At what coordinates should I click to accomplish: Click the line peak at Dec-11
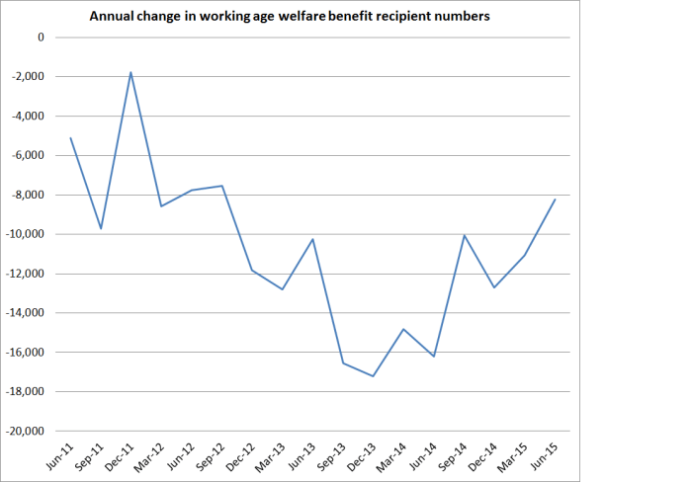pos(130,72)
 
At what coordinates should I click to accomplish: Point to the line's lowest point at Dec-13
pos(373,376)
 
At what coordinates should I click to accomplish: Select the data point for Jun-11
pos(70,137)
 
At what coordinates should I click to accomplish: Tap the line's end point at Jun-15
pos(555,200)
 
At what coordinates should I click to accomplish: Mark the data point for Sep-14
pos(464,235)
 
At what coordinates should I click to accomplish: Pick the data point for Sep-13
pos(343,363)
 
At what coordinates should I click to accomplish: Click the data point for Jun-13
pos(312,239)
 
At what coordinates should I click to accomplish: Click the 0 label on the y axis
pos(41,38)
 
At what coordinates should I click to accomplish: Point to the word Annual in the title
pos(112,16)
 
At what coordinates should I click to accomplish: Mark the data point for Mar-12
pos(161,206)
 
